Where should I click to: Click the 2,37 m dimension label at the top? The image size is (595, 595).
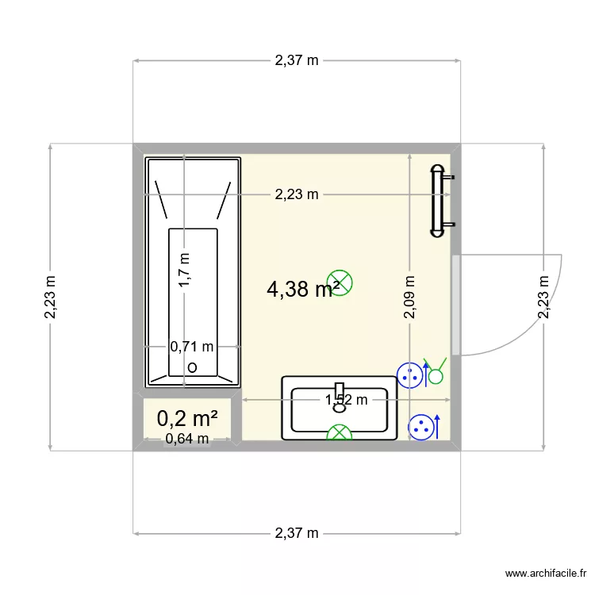click(297, 60)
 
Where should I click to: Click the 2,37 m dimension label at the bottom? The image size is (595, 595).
click(297, 533)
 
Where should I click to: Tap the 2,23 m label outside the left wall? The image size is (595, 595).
click(51, 297)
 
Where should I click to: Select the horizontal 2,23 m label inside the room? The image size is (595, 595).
click(297, 194)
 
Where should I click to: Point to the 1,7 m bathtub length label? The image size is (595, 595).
click(184, 270)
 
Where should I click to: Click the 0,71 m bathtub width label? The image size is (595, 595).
click(192, 347)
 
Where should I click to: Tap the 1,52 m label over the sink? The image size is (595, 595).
click(347, 400)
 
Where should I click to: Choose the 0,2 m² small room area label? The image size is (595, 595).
click(187, 418)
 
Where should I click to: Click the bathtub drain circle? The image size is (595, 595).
click(192, 368)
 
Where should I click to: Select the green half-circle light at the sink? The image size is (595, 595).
click(340, 432)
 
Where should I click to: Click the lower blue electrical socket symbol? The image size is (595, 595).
click(421, 428)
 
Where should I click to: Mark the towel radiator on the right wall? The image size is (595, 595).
click(439, 202)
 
